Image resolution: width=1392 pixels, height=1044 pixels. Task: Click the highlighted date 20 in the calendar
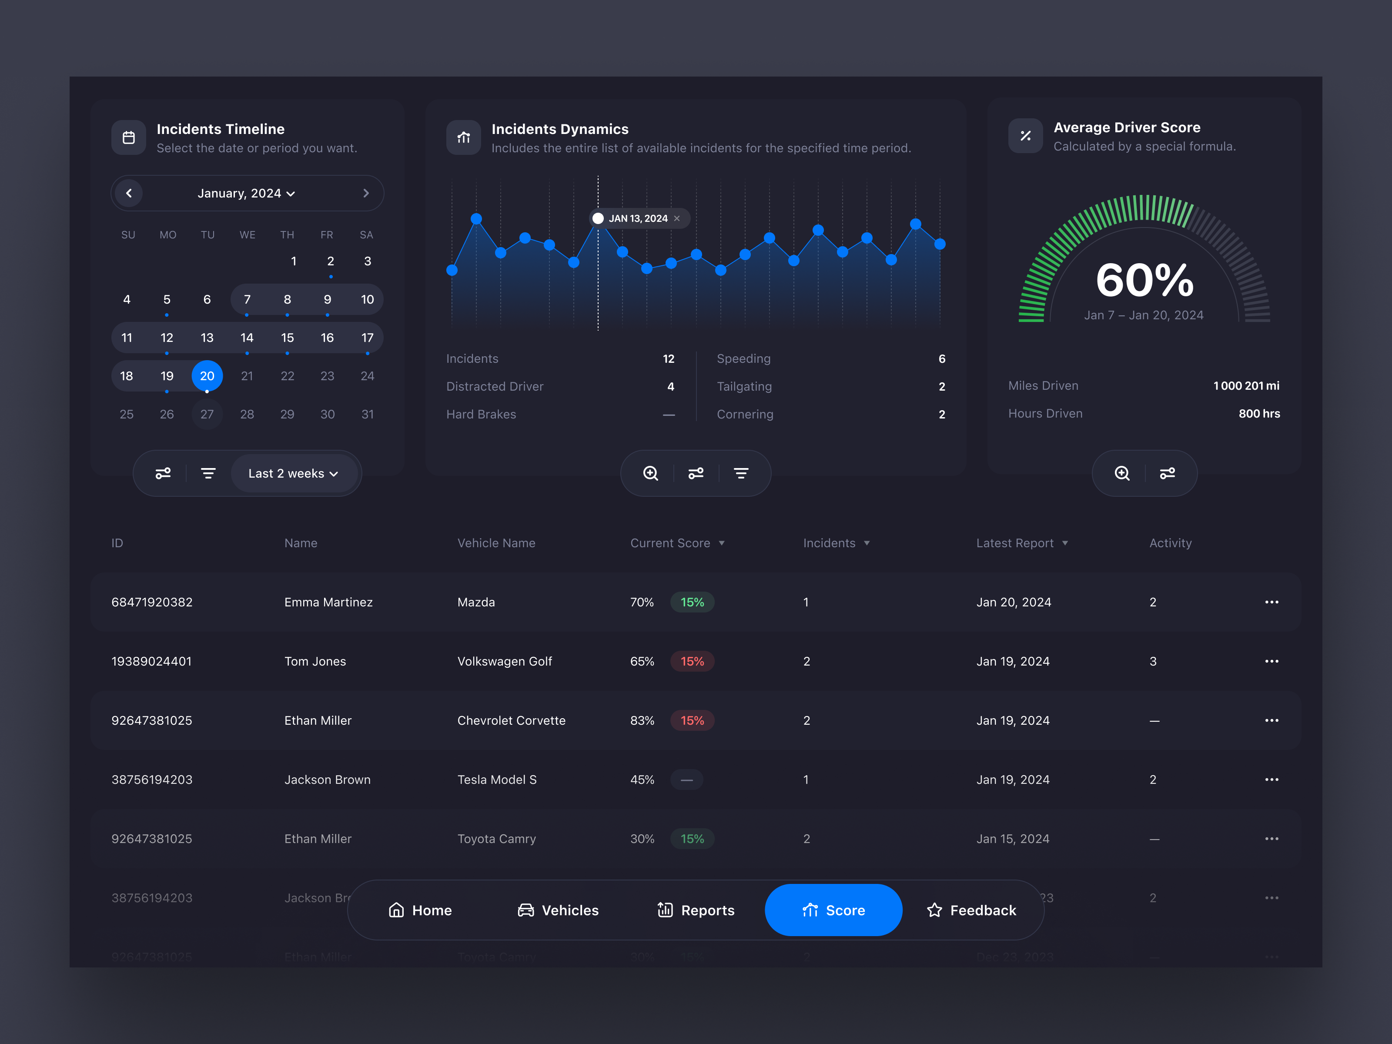pyautogui.click(x=207, y=376)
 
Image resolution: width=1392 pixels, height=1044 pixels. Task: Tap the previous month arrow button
pyautogui.click(x=129, y=193)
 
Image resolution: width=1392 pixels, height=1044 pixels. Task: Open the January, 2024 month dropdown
pyautogui.click(x=246, y=193)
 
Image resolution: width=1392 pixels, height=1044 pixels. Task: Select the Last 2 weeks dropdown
pyautogui.click(x=293, y=473)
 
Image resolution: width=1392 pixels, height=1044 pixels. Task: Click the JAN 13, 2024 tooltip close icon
pyautogui.click(x=677, y=218)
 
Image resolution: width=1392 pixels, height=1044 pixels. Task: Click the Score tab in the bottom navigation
pyautogui.click(x=833, y=910)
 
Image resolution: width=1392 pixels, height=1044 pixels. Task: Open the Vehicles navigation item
pyautogui.click(x=558, y=910)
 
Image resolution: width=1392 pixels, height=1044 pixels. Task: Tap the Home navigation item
pyautogui.click(x=420, y=910)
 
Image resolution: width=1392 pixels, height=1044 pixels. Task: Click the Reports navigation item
pyautogui.click(x=696, y=910)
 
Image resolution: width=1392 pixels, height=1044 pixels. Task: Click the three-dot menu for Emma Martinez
pyautogui.click(x=1271, y=602)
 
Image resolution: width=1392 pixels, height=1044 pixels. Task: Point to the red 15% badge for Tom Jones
pyautogui.click(x=692, y=661)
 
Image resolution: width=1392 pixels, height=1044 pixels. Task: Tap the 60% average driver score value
pyautogui.click(x=1144, y=280)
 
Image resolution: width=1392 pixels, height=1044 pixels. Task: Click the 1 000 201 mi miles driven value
pyautogui.click(x=1246, y=386)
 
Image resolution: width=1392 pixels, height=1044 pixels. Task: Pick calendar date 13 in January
pyautogui.click(x=207, y=338)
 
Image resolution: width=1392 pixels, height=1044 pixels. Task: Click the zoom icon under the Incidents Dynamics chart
pyautogui.click(x=651, y=473)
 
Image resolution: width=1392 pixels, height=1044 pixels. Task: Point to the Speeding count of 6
pyautogui.click(x=941, y=359)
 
